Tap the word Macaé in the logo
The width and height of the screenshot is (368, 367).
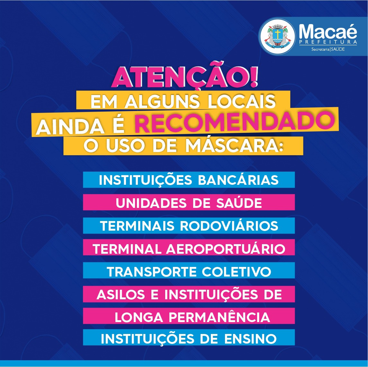click(328, 31)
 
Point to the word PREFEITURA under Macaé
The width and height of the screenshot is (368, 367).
click(328, 42)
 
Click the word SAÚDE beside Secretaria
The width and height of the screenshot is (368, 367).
click(338, 49)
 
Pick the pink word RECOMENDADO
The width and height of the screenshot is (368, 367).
click(234, 122)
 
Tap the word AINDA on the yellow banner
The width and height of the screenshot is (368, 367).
click(70, 127)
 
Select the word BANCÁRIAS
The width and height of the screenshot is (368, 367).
click(238, 180)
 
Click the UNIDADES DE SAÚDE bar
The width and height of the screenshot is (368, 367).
click(189, 202)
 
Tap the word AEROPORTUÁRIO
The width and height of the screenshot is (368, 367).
click(226, 249)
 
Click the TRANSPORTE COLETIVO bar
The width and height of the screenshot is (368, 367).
click(189, 270)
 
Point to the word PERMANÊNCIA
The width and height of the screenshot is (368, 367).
click(219, 317)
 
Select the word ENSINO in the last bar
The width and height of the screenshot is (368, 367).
click(250, 339)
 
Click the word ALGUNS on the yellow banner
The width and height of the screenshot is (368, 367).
click(162, 101)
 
